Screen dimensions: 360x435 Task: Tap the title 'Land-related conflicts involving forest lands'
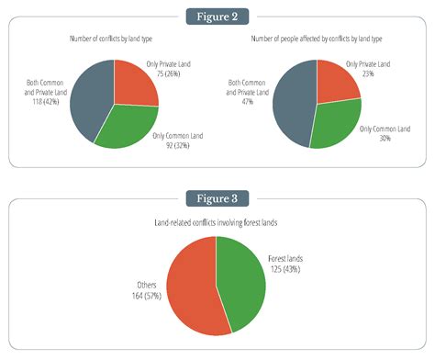[217, 222]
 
